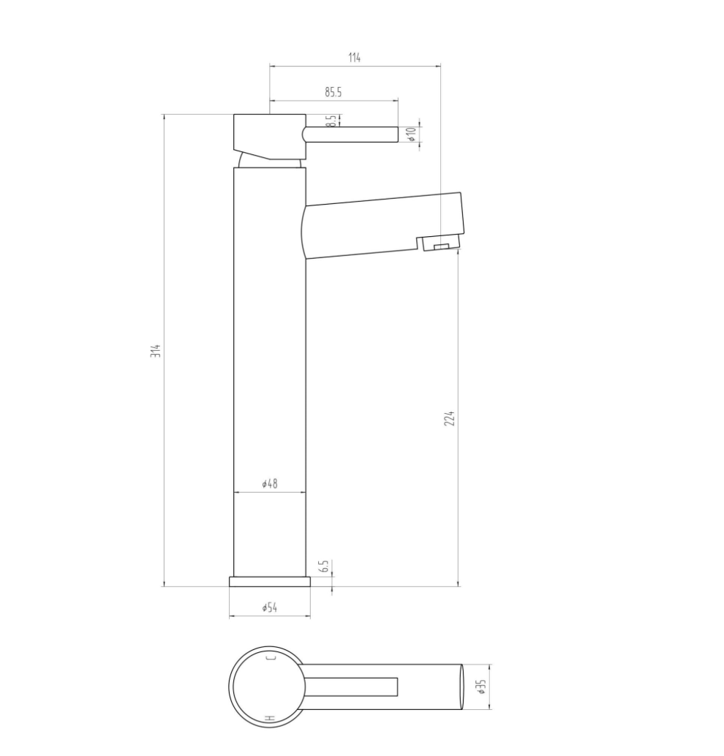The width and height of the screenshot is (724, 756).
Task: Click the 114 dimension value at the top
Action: (355, 58)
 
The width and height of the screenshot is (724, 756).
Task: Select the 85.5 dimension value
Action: (333, 92)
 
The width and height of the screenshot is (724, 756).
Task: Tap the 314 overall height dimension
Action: (155, 350)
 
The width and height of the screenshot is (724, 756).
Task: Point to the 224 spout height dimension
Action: (450, 418)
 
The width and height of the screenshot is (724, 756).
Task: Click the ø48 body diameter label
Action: (269, 484)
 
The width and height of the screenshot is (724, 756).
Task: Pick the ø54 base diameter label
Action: (269, 608)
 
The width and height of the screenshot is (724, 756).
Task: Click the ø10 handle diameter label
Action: (412, 134)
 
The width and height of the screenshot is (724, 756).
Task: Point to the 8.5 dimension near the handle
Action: (331, 121)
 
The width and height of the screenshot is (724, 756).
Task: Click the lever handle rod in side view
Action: (351, 134)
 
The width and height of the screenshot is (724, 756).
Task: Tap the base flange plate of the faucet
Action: (269, 581)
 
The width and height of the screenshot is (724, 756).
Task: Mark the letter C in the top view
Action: (271, 658)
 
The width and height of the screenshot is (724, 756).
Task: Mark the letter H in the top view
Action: (270, 717)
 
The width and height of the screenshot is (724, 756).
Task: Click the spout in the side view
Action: (380, 225)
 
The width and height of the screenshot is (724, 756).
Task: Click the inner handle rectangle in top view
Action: (351, 687)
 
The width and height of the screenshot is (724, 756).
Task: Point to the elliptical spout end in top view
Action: (461, 687)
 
